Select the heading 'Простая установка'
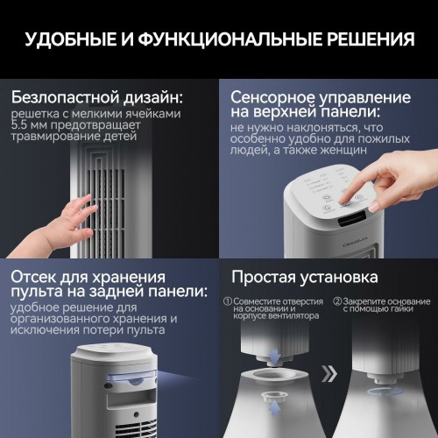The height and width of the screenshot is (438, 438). pos(304,278)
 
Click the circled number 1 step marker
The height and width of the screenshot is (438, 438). pos(228,300)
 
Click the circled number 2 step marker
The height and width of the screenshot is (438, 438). pos(336,300)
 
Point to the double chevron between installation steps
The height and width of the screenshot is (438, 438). pos(328,375)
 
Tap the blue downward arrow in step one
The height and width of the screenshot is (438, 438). pos(277,357)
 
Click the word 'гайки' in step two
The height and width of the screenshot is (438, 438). pos(402,308)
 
